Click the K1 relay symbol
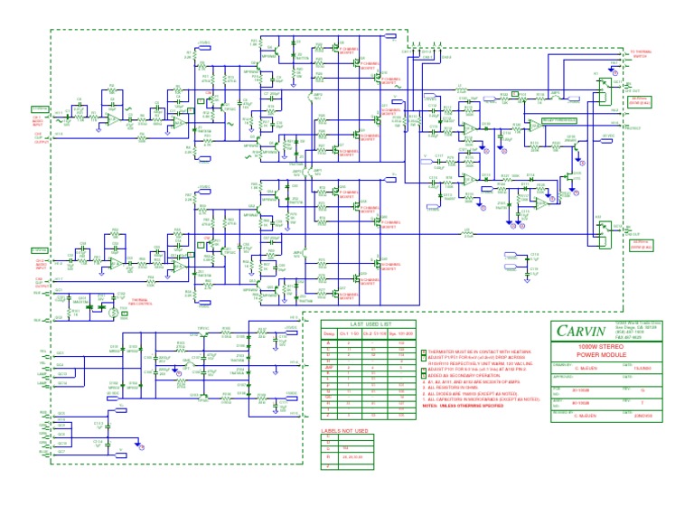(x=604, y=86)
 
